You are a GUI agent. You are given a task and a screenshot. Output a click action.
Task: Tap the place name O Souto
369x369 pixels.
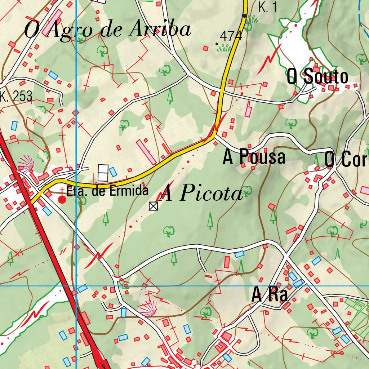[x=317, y=77]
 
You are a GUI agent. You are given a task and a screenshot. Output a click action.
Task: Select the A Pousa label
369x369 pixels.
[x=254, y=157]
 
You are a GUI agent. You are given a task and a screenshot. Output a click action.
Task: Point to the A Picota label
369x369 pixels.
[x=201, y=194]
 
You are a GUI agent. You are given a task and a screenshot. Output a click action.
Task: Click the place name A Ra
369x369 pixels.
[x=270, y=295]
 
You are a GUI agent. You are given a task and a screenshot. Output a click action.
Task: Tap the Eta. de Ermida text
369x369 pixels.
[x=107, y=191]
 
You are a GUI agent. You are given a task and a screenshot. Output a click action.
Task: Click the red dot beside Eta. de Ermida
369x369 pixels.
[x=62, y=199]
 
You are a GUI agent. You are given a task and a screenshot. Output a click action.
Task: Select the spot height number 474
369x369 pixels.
[x=231, y=36]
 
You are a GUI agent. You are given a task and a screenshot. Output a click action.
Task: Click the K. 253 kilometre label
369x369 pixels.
[x=16, y=96]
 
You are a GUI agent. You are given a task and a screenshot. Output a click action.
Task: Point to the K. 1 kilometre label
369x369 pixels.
[x=268, y=7]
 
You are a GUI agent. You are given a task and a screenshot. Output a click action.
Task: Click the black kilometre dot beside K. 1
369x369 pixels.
[x=245, y=15]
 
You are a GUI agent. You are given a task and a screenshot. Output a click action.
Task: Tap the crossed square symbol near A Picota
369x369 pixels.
[x=153, y=206]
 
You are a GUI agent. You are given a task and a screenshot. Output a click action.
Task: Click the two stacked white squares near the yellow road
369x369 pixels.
[x=103, y=173]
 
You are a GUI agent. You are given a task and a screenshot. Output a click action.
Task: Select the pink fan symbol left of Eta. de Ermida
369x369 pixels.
[x=26, y=163]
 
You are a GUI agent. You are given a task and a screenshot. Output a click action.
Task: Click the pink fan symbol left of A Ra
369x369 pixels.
[x=148, y=308]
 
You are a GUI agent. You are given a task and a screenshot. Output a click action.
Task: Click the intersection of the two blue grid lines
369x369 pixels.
[x=76, y=286]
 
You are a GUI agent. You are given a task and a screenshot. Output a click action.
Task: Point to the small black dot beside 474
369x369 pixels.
[x=217, y=44]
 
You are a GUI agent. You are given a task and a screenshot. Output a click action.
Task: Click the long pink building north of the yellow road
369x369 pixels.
[x=146, y=151]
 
